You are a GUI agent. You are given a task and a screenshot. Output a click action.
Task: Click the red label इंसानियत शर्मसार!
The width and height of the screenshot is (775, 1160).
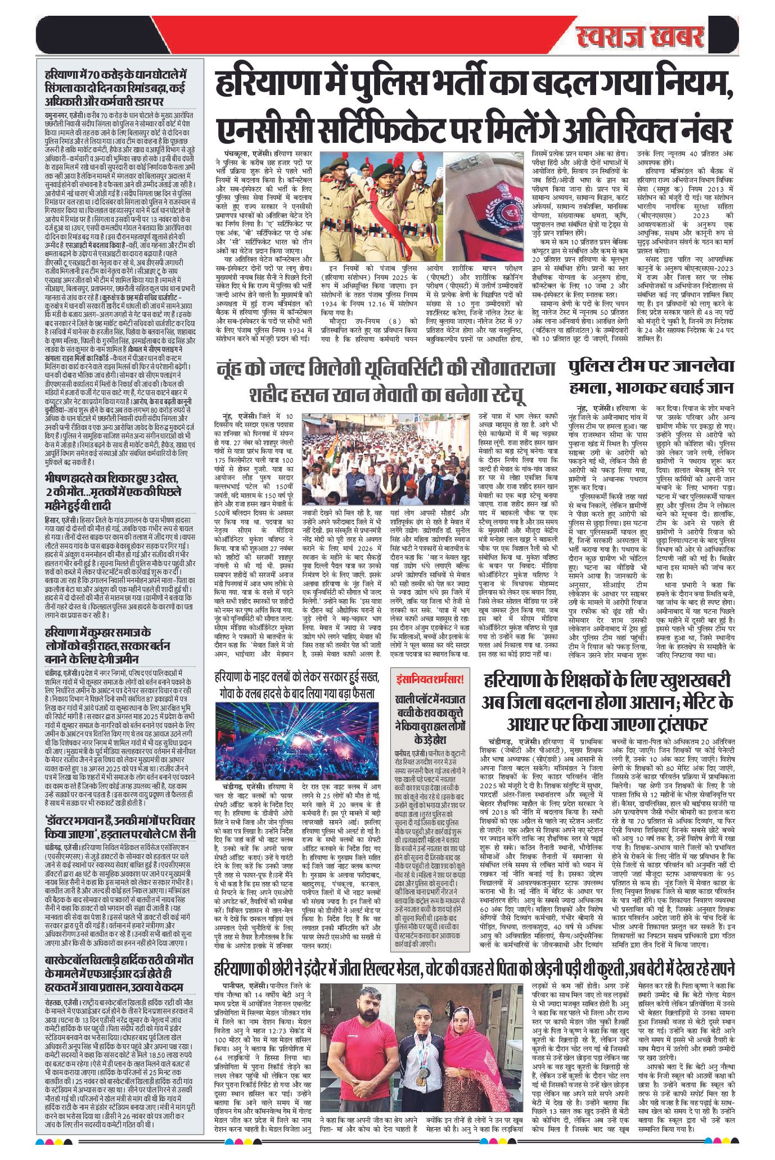click(429, 679)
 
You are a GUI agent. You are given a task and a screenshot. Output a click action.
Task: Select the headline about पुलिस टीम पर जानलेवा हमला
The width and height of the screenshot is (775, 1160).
click(651, 376)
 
